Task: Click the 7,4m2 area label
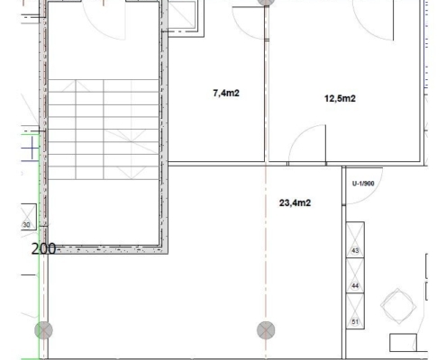226,94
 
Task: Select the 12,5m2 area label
340,98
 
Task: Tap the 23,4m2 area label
295,203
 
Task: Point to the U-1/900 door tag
363,184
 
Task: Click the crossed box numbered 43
355,239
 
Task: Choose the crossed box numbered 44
355,275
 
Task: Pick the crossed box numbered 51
355,311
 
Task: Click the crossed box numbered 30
29,217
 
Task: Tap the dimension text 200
43,249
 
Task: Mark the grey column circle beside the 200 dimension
44,330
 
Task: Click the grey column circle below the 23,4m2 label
266,330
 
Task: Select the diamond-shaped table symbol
398,306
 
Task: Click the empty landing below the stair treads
104,212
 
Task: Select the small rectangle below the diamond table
403,342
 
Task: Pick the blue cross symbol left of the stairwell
32,148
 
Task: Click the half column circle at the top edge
266,3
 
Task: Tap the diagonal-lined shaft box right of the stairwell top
182,15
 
